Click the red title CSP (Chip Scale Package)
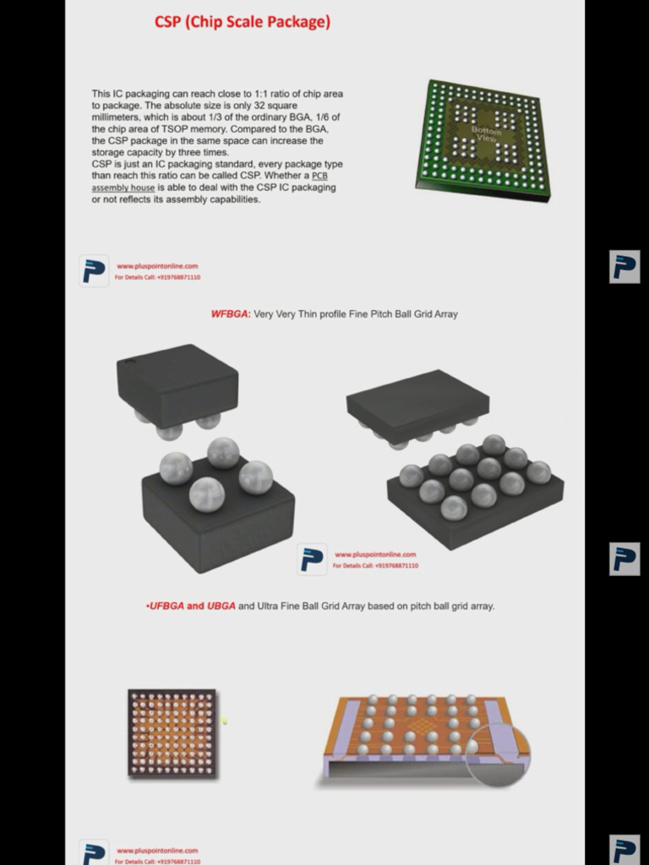242,23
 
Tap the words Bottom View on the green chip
485,134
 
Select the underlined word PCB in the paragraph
319,176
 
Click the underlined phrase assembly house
123,188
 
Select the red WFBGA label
230,314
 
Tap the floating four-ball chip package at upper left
177,384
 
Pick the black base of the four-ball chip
218,524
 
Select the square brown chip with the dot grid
172,732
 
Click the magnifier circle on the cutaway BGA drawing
499,754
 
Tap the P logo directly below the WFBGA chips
312,559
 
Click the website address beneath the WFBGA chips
374,555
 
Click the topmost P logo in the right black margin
624,267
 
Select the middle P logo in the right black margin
624,559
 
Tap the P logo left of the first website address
94,271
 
